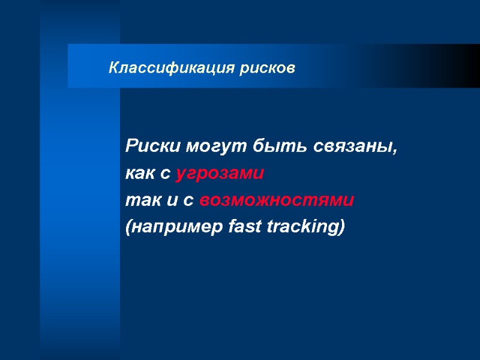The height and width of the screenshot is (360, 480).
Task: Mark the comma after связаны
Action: (x=395, y=150)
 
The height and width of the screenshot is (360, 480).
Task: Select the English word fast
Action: (x=244, y=227)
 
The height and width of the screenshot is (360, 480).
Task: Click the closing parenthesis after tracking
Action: (x=343, y=228)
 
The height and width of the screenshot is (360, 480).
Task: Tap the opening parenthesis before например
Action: (x=128, y=228)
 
